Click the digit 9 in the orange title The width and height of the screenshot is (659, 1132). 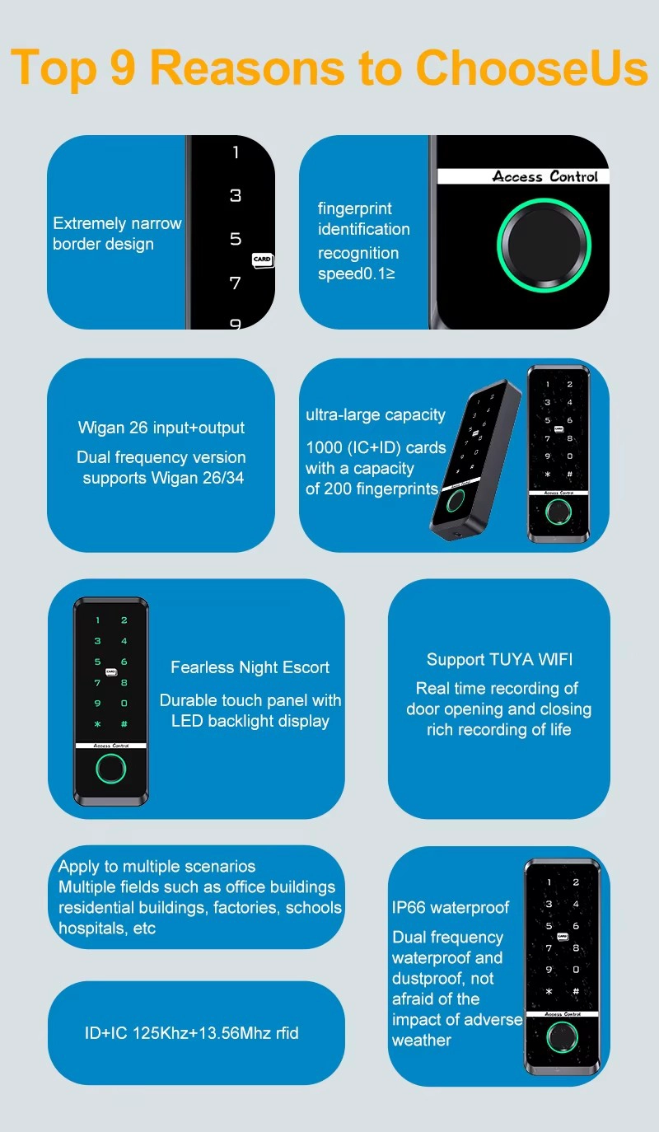point(123,67)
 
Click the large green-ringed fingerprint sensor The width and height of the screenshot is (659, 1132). point(544,246)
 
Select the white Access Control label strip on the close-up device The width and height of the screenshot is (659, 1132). point(524,176)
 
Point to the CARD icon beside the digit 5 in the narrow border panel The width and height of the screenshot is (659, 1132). point(263,260)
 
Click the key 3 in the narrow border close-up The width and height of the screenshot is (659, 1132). point(236,195)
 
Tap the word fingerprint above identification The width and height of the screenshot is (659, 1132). point(355,208)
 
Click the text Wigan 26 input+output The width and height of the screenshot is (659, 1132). point(161,428)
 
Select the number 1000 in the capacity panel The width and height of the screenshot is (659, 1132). point(324,447)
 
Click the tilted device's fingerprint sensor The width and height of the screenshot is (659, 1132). point(455,501)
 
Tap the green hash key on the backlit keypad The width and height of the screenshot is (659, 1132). point(124,723)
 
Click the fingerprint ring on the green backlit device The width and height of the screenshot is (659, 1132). point(110,769)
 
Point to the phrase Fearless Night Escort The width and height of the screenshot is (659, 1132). point(250,667)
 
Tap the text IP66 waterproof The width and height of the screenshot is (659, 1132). point(451,908)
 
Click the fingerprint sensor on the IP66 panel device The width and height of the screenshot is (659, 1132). point(562,1036)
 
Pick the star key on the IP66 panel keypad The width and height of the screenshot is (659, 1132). point(549,991)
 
